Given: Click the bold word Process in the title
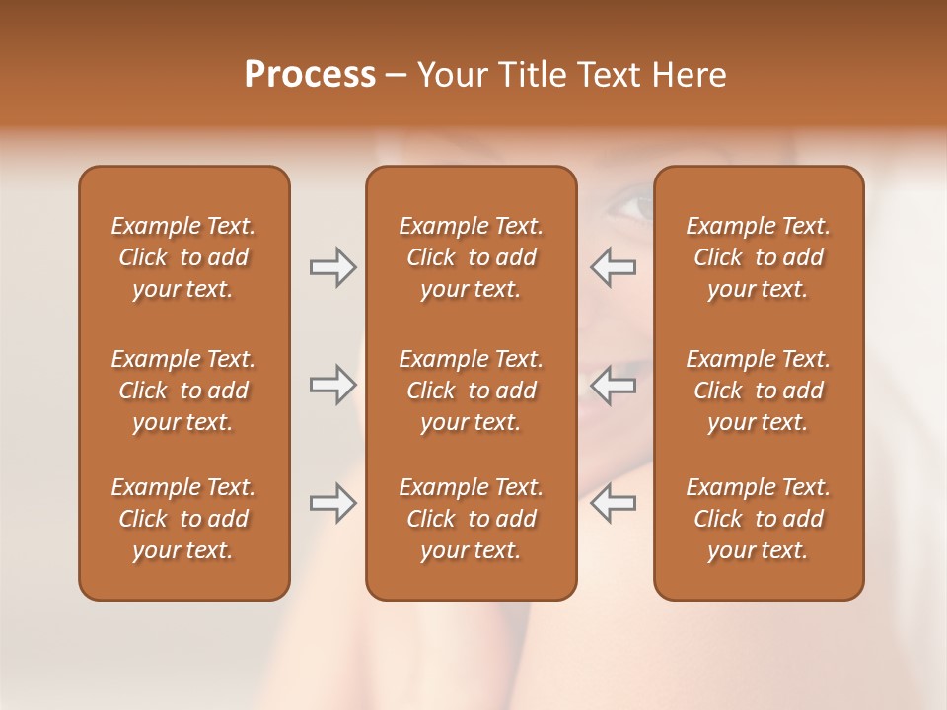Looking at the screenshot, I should click(x=310, y=75).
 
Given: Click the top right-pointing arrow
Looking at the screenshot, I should click(x=332, y=267).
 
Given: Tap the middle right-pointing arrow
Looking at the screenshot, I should click(x=332, y=385).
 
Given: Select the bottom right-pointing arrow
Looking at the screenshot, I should click(x=332, y=503).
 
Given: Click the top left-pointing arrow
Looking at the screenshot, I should click(x=613, y=267).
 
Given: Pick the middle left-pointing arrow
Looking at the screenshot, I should click(x=613, y=385).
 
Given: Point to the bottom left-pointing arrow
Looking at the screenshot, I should click(x=613, y=503).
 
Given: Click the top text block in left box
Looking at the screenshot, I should click(x=183, y=257).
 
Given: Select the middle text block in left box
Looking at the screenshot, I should click(x=183, y=390).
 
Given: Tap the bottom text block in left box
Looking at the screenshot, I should click(x=183, y=519).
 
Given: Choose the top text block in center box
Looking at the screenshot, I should click(x=471, y=257).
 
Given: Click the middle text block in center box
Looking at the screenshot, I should click(x=471, y=390).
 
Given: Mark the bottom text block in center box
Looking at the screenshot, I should click(x=471, y=519).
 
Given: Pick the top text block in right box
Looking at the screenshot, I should click(x=759, y=257).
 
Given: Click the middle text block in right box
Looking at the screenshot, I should click(x=759, y=390).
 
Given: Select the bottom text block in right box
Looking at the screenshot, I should click(x=759, y=519).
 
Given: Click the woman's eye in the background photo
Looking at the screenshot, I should click(x=631, y=207).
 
